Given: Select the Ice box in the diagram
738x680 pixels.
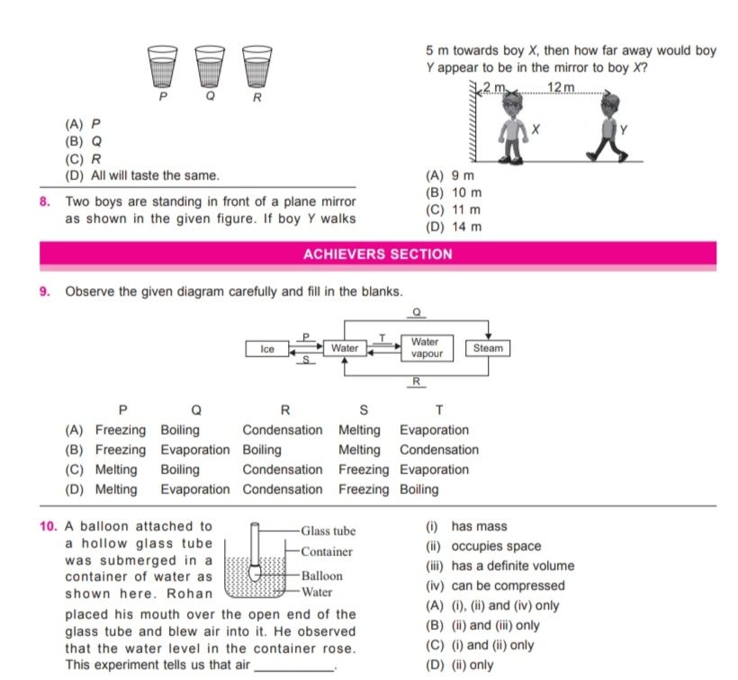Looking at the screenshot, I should tap(267, 348).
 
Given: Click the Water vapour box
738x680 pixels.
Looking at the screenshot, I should tap(425, 348).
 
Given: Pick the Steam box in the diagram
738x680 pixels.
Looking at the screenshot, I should tap(487, 348).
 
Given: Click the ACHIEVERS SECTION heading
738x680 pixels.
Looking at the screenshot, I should tap(378, 255).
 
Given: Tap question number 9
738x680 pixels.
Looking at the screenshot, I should tap(45, 291).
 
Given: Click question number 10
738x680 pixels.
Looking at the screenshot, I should tap(49, 526).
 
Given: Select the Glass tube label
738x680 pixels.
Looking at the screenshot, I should tap(328, 532).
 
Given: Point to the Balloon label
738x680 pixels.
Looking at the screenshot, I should tap(321, 576).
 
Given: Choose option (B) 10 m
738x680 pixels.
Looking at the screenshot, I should tap(454, 193).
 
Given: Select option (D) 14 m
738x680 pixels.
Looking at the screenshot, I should tap(454, 227).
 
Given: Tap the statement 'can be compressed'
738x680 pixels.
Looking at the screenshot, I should tap(495, 586).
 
